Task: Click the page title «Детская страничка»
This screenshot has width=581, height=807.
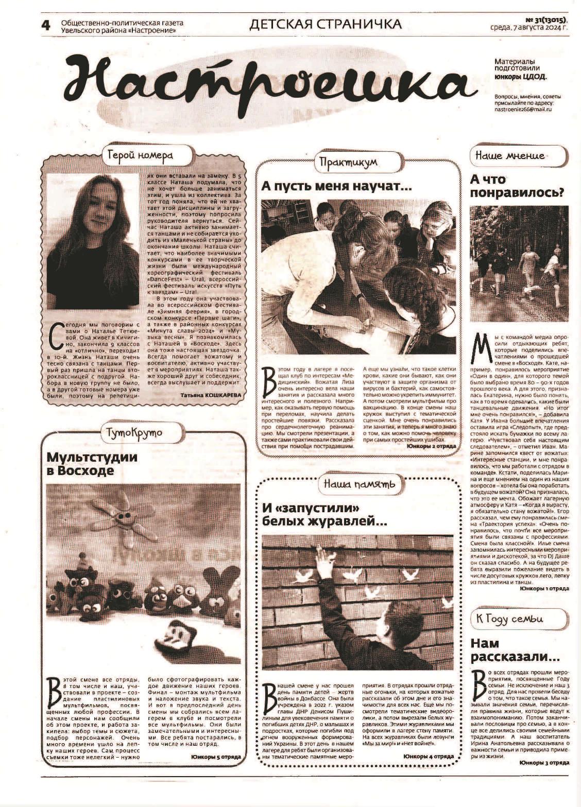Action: (325, 24)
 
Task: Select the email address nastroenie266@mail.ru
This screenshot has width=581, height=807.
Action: (523, 109)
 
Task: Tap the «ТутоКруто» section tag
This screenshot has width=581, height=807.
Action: (134, 432)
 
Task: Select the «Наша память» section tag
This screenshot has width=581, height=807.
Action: (360, 484)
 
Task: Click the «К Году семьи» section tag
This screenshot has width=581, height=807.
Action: (517, 619)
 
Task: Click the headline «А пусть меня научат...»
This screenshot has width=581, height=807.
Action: (337, 186)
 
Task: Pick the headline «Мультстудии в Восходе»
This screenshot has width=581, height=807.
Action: (93, 464)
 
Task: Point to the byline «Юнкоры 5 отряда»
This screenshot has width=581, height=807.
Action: (216, 757)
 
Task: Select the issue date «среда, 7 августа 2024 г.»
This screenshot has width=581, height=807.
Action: (529, 28)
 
